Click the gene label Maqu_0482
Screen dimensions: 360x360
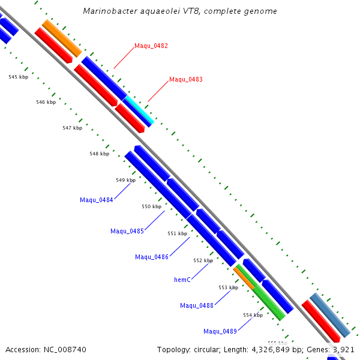coord(151,46)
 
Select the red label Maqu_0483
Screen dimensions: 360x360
coord(185,79)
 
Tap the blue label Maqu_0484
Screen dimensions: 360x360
coord(96,200)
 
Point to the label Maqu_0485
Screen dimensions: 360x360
coord(127,231)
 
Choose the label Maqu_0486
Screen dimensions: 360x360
coord(152,257)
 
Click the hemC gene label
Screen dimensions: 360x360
coord(182,280)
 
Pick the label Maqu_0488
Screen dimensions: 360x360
coord(197,305)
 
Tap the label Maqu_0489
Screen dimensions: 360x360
coord(220,331)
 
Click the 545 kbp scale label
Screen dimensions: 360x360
coord(19,77)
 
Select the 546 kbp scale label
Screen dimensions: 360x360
coord(46,102)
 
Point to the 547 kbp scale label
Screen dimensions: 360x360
coord(72,128)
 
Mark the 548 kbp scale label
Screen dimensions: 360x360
coord(99,154)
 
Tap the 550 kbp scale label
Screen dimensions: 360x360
coord(151,206)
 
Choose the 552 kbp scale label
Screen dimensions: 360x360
coord(203,260)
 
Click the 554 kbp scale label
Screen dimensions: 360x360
coord(253,314)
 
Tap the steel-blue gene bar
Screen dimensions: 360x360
coord(330,315)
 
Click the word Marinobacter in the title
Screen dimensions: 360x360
coord(109,11)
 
